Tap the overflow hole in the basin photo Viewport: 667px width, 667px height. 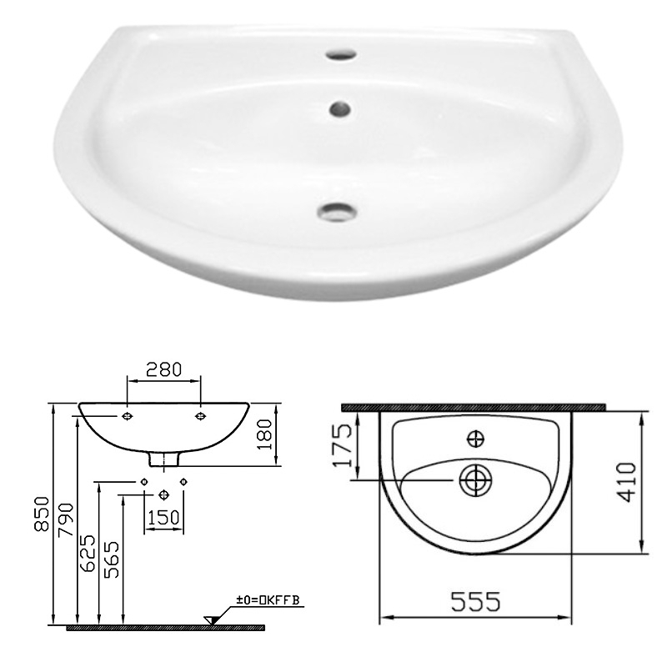(339, 108)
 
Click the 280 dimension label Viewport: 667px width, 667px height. (163, 369)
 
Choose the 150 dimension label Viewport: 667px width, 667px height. (163, 518)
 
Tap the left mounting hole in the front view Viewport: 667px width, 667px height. (126, 414)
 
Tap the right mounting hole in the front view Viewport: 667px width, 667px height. (200, 414)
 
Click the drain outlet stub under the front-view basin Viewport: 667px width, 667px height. (163, 458)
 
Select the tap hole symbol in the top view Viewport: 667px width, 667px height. (475, 437)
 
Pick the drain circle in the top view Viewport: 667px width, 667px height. (475, 480)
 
